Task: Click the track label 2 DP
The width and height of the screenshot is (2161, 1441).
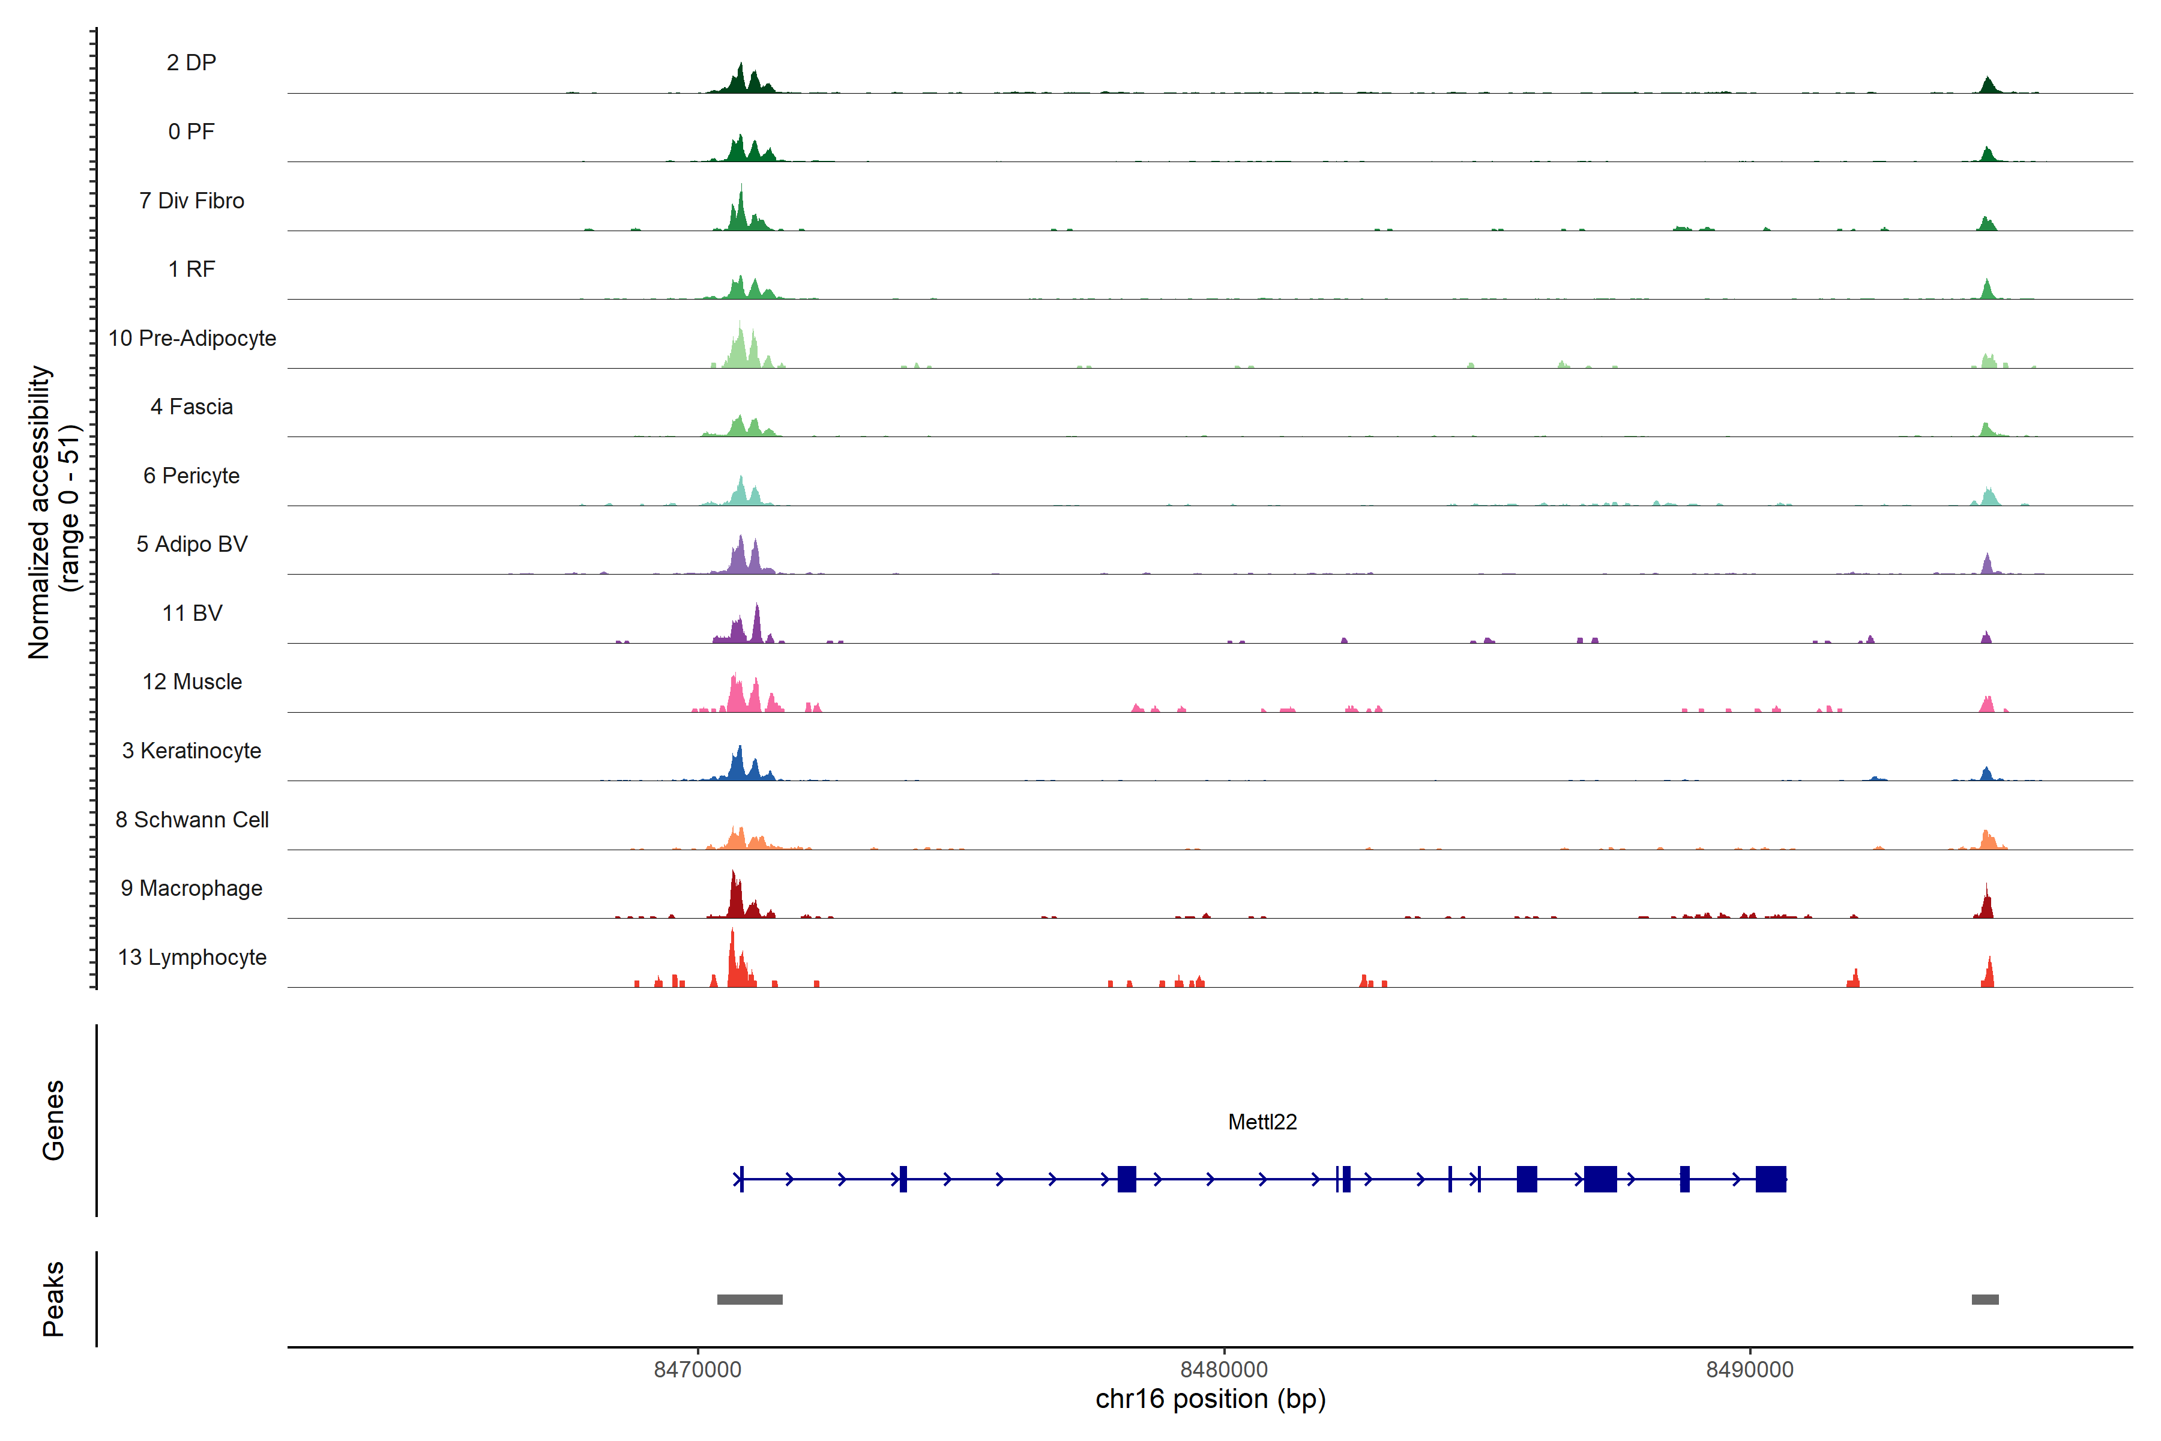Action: (x=191, y=62)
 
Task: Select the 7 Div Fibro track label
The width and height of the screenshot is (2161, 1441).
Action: (x=191, y=201)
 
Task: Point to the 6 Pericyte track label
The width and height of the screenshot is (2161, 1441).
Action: (x=191, y=475)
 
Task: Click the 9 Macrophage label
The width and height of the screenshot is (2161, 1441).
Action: (x=191, y=888)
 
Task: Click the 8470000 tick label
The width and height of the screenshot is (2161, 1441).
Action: (x=698, y=1370)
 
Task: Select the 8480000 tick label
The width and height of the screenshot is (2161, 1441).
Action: (x=1224, y=1370)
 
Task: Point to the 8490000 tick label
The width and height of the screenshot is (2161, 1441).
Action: (x=1749, y=1370)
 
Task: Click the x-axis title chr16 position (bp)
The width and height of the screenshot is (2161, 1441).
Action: (x=1210, y=1400)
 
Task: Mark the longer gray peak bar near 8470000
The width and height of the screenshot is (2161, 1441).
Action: (x=750, y=1299)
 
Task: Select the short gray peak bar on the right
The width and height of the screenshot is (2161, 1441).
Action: (x=1985, y=1299)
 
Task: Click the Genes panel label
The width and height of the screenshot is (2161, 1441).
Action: (x=53, y=1120)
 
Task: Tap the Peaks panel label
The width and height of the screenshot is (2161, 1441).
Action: (x=53, y=1299)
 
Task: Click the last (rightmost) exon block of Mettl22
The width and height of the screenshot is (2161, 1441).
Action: (x=1770, y=1179)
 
